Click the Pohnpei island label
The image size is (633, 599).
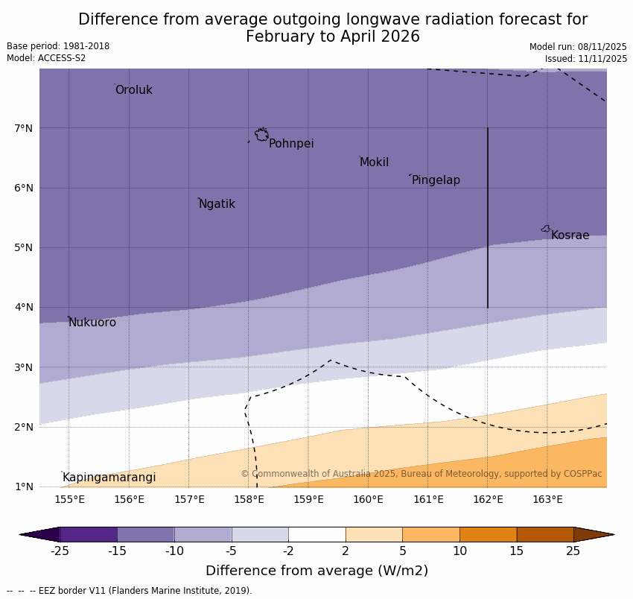click(x=291, y=144)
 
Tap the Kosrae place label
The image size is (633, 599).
click(x=570, y=235)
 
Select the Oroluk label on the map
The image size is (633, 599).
click(x=133, y=90)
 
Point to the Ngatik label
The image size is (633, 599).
click(x=217, y=204)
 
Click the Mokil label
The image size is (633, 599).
click(x=374, y=162)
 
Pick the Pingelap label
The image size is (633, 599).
click(x=436, y=180)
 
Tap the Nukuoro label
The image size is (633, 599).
click(x=92, y=323)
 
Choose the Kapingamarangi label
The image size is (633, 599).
click(x=109, y=478)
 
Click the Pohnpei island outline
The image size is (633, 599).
click(x=261, y=135)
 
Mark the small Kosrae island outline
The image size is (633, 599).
click(x=546, y=229)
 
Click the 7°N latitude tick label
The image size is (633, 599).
click(x=24, y=128)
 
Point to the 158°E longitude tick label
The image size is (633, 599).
click(x=249, y=499)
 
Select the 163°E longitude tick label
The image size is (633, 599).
click(x=547, y=499)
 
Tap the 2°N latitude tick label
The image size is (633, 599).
click(x=24, y=427)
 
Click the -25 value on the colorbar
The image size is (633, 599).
click(x=60, y=551)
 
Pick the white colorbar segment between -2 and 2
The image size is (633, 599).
click(x=316, y=534)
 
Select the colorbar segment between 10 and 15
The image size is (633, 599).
click(x=488, y=534)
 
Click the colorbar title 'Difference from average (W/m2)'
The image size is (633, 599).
click(x=316, y=571)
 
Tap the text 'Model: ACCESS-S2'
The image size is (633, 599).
click(x=46, y=58)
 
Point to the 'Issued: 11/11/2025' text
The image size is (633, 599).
click(x=585, y=58)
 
